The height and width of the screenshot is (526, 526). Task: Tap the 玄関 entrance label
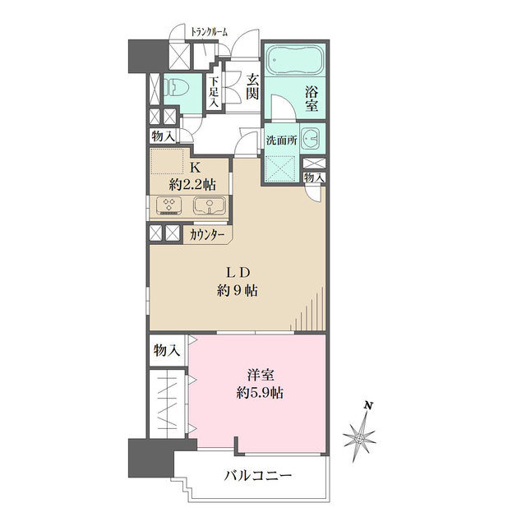[251, 85]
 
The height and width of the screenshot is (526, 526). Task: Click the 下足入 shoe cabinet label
[214, 92]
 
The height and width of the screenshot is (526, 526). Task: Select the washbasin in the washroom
[311, 140]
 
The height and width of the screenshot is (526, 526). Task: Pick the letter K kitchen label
[196, 164]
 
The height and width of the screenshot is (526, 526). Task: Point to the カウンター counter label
[208, 233]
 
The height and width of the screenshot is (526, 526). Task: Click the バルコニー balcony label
[258, 476]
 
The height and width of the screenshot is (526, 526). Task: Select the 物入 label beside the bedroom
[167, 350]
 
